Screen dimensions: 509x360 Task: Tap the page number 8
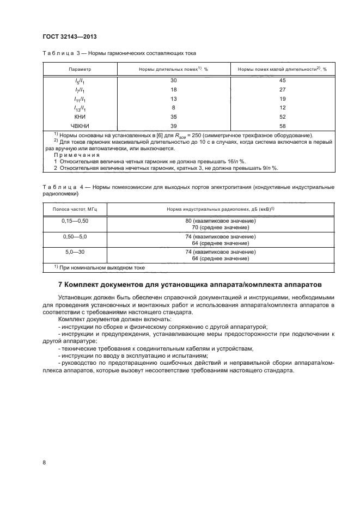44,463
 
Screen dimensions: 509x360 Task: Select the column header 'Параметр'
80,70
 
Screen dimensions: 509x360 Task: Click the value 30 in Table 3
174,81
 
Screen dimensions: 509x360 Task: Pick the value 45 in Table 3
283,81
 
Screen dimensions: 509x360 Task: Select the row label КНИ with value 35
80,116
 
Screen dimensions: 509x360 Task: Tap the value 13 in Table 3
174,99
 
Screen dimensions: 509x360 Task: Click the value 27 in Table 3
283,89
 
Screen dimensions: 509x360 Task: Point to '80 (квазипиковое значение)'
221,221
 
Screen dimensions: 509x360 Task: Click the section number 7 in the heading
60,284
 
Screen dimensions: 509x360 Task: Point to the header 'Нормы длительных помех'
168,70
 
